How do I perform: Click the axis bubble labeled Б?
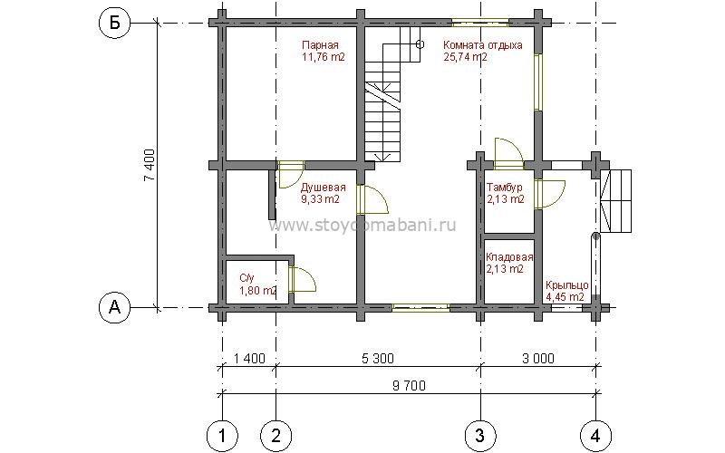[x=115, y=23]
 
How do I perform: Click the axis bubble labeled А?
[x=115, y=307]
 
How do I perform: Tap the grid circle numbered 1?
[x=222, y=435]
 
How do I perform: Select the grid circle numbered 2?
[x=276, y=435]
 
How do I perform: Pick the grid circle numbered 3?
[x=480, y=435]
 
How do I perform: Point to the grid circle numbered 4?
[x=595, y=435]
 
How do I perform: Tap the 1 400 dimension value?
[x=249, y=358]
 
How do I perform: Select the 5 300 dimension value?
[x=378, y=358]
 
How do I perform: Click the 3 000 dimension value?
[x=538, y=358]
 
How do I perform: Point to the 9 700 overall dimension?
[x=410, y=386]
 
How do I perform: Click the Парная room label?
[x=320, y=45]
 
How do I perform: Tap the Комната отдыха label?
[x=483, y=45]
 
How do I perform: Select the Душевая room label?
[x=324, y=188]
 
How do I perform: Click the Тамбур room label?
[x=505, y=188]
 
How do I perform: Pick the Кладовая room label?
[x=509, y=257]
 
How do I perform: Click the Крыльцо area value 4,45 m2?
[x=565, y=297]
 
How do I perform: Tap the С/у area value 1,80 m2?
[x=258, y=290]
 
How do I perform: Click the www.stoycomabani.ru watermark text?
[x=362, y=225]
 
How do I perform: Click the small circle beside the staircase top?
[x=420, y=44]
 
